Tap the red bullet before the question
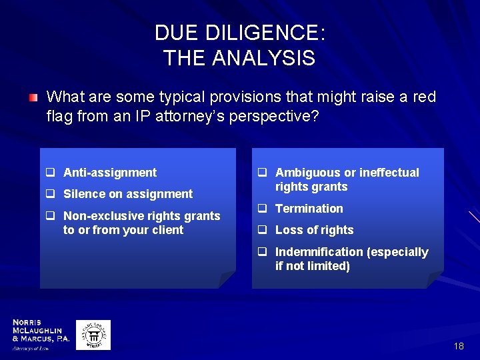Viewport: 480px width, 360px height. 33,98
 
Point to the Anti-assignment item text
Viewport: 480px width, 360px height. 110,173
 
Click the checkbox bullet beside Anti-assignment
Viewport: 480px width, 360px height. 50,173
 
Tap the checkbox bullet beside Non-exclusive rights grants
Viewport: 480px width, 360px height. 50,216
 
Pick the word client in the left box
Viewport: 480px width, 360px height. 167,230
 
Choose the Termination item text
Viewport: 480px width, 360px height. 309,209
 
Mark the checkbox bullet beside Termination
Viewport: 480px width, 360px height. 263,209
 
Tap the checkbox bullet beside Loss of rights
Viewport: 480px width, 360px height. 263,230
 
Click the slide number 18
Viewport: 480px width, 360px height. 458,346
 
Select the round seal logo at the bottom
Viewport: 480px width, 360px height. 93,335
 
